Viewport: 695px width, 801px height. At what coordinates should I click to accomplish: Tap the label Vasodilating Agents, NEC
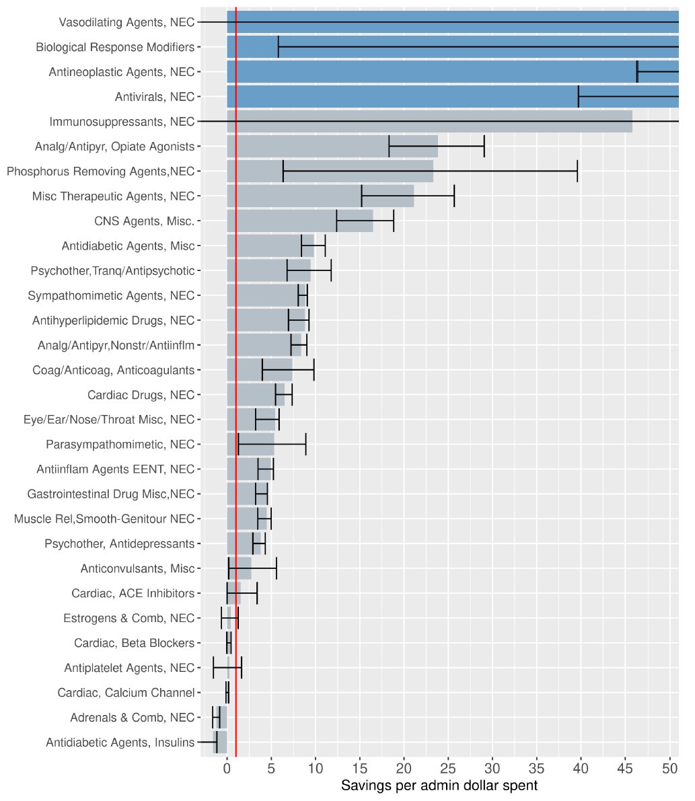coord(126,22)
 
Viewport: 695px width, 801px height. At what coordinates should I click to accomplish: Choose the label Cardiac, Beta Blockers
coord(134,644)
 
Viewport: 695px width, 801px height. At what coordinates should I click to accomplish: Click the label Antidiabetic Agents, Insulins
coord(120,742)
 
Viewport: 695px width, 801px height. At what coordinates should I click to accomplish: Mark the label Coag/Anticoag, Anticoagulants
coord(113,370)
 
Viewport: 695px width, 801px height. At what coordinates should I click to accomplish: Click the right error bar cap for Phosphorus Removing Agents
coord(577,171)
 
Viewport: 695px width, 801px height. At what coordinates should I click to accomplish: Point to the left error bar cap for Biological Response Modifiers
coord(278,47)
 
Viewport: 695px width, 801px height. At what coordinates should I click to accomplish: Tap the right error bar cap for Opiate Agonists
coord(484,147)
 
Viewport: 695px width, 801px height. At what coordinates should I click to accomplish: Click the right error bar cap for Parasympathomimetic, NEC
coord(305,445)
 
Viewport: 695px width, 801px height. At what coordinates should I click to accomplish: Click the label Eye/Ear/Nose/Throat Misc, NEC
coord(109,420)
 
